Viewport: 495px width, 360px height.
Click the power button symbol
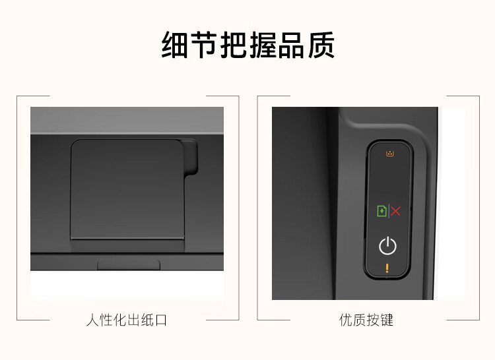tap(387, 247)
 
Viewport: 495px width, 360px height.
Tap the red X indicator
tap(396, 211)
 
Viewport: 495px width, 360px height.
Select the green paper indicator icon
tap(381, 211)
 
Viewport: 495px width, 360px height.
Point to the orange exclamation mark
tap(387, 268)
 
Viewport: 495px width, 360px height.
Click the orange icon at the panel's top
tap(389, 154)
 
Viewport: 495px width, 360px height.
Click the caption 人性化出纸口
tap(127, 320)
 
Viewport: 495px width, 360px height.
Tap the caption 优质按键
tap(366, 320)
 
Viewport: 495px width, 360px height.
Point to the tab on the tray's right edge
tap(190, 157)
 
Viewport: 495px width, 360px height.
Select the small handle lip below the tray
tap(129, 264)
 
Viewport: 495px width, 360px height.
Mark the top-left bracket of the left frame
tap(20, 99)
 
